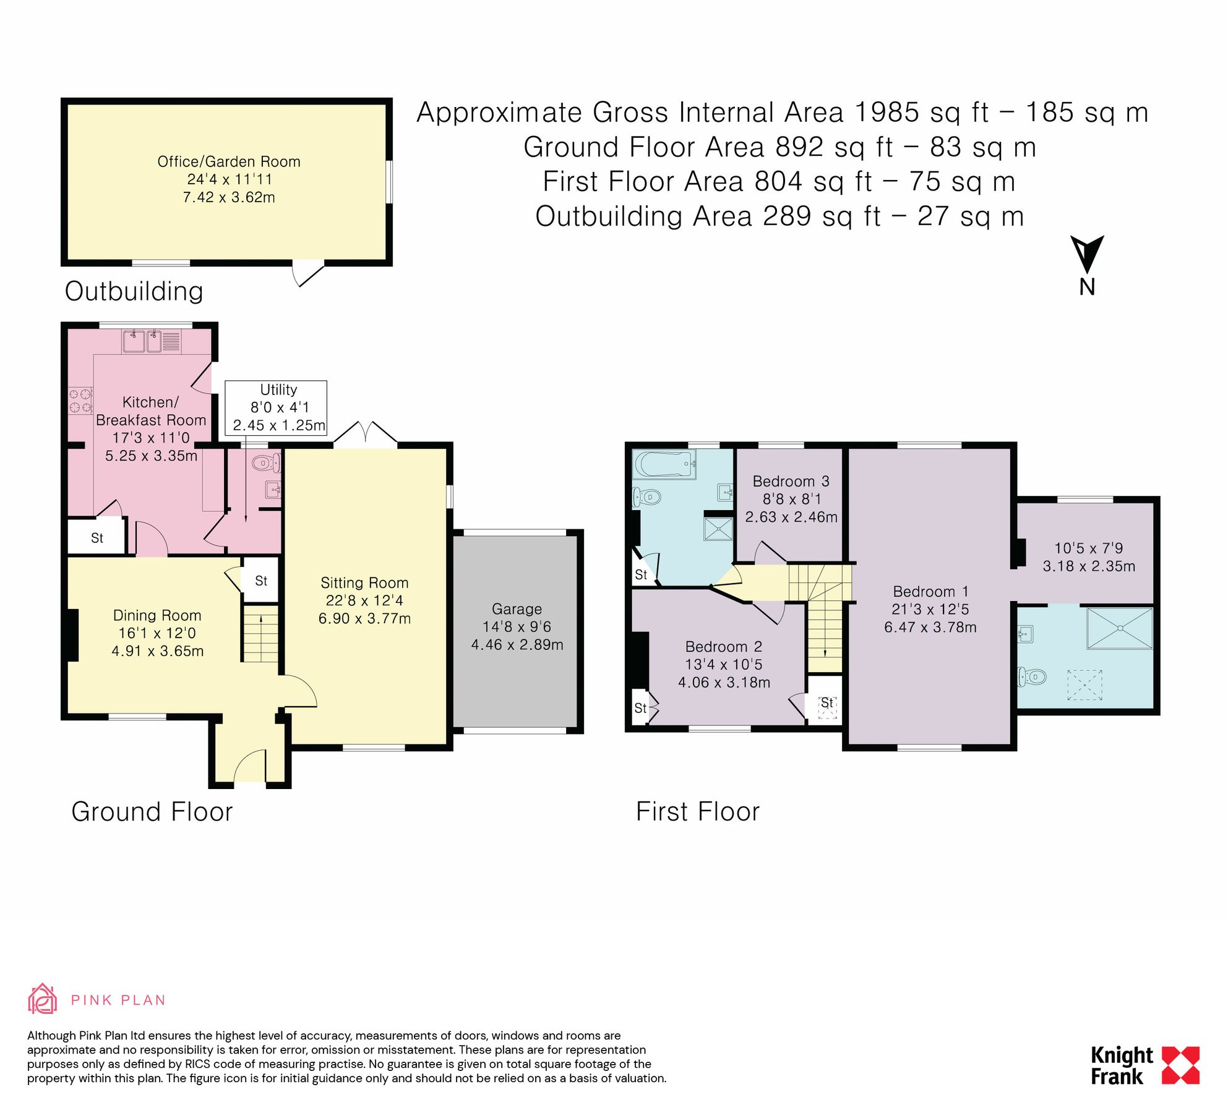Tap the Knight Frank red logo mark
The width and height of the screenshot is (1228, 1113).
[x=1180, y=1065]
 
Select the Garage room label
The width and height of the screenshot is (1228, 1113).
[x=517, y=609]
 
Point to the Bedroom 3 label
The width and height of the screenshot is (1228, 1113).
[x=791, y=481]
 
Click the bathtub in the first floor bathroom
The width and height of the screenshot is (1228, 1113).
[x=664, y=464]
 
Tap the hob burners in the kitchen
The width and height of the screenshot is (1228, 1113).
[x=80, y=399]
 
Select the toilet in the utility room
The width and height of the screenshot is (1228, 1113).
[x=267, y=462]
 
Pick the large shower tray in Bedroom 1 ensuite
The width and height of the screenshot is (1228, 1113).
[x=1120, y=628]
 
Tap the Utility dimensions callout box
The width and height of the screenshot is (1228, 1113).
[x=276, y=407]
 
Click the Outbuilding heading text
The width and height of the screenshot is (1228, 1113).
[x=134, y=291]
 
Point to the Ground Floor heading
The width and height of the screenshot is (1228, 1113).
[x=152, y=811]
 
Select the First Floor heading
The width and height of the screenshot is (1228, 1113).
[x=698, y=811]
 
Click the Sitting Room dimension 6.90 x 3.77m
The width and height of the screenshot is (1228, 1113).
[x=364, y=618]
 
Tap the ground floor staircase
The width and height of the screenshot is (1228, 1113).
[x=260, y=634]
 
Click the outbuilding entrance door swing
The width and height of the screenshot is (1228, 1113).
[x=307, y=274]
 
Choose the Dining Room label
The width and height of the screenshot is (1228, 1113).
[x=157, y=615]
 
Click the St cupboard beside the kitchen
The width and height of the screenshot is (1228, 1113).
[x=97, y=537]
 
